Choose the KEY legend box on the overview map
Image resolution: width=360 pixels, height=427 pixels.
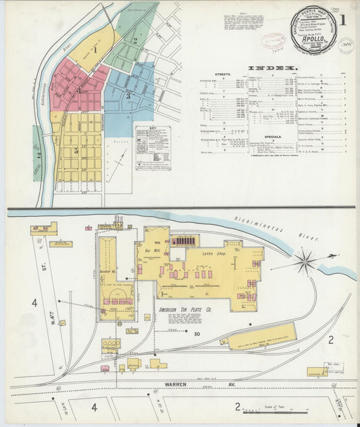click(153, 147)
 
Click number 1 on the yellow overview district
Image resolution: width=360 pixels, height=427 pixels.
click(95, 49)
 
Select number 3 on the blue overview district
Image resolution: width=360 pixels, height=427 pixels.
click(128, 95)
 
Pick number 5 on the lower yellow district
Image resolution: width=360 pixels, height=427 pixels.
click(76, 151)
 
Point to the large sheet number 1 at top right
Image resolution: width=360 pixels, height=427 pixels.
click(342, 20)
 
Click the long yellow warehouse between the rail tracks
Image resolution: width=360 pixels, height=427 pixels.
click(261, 336)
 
